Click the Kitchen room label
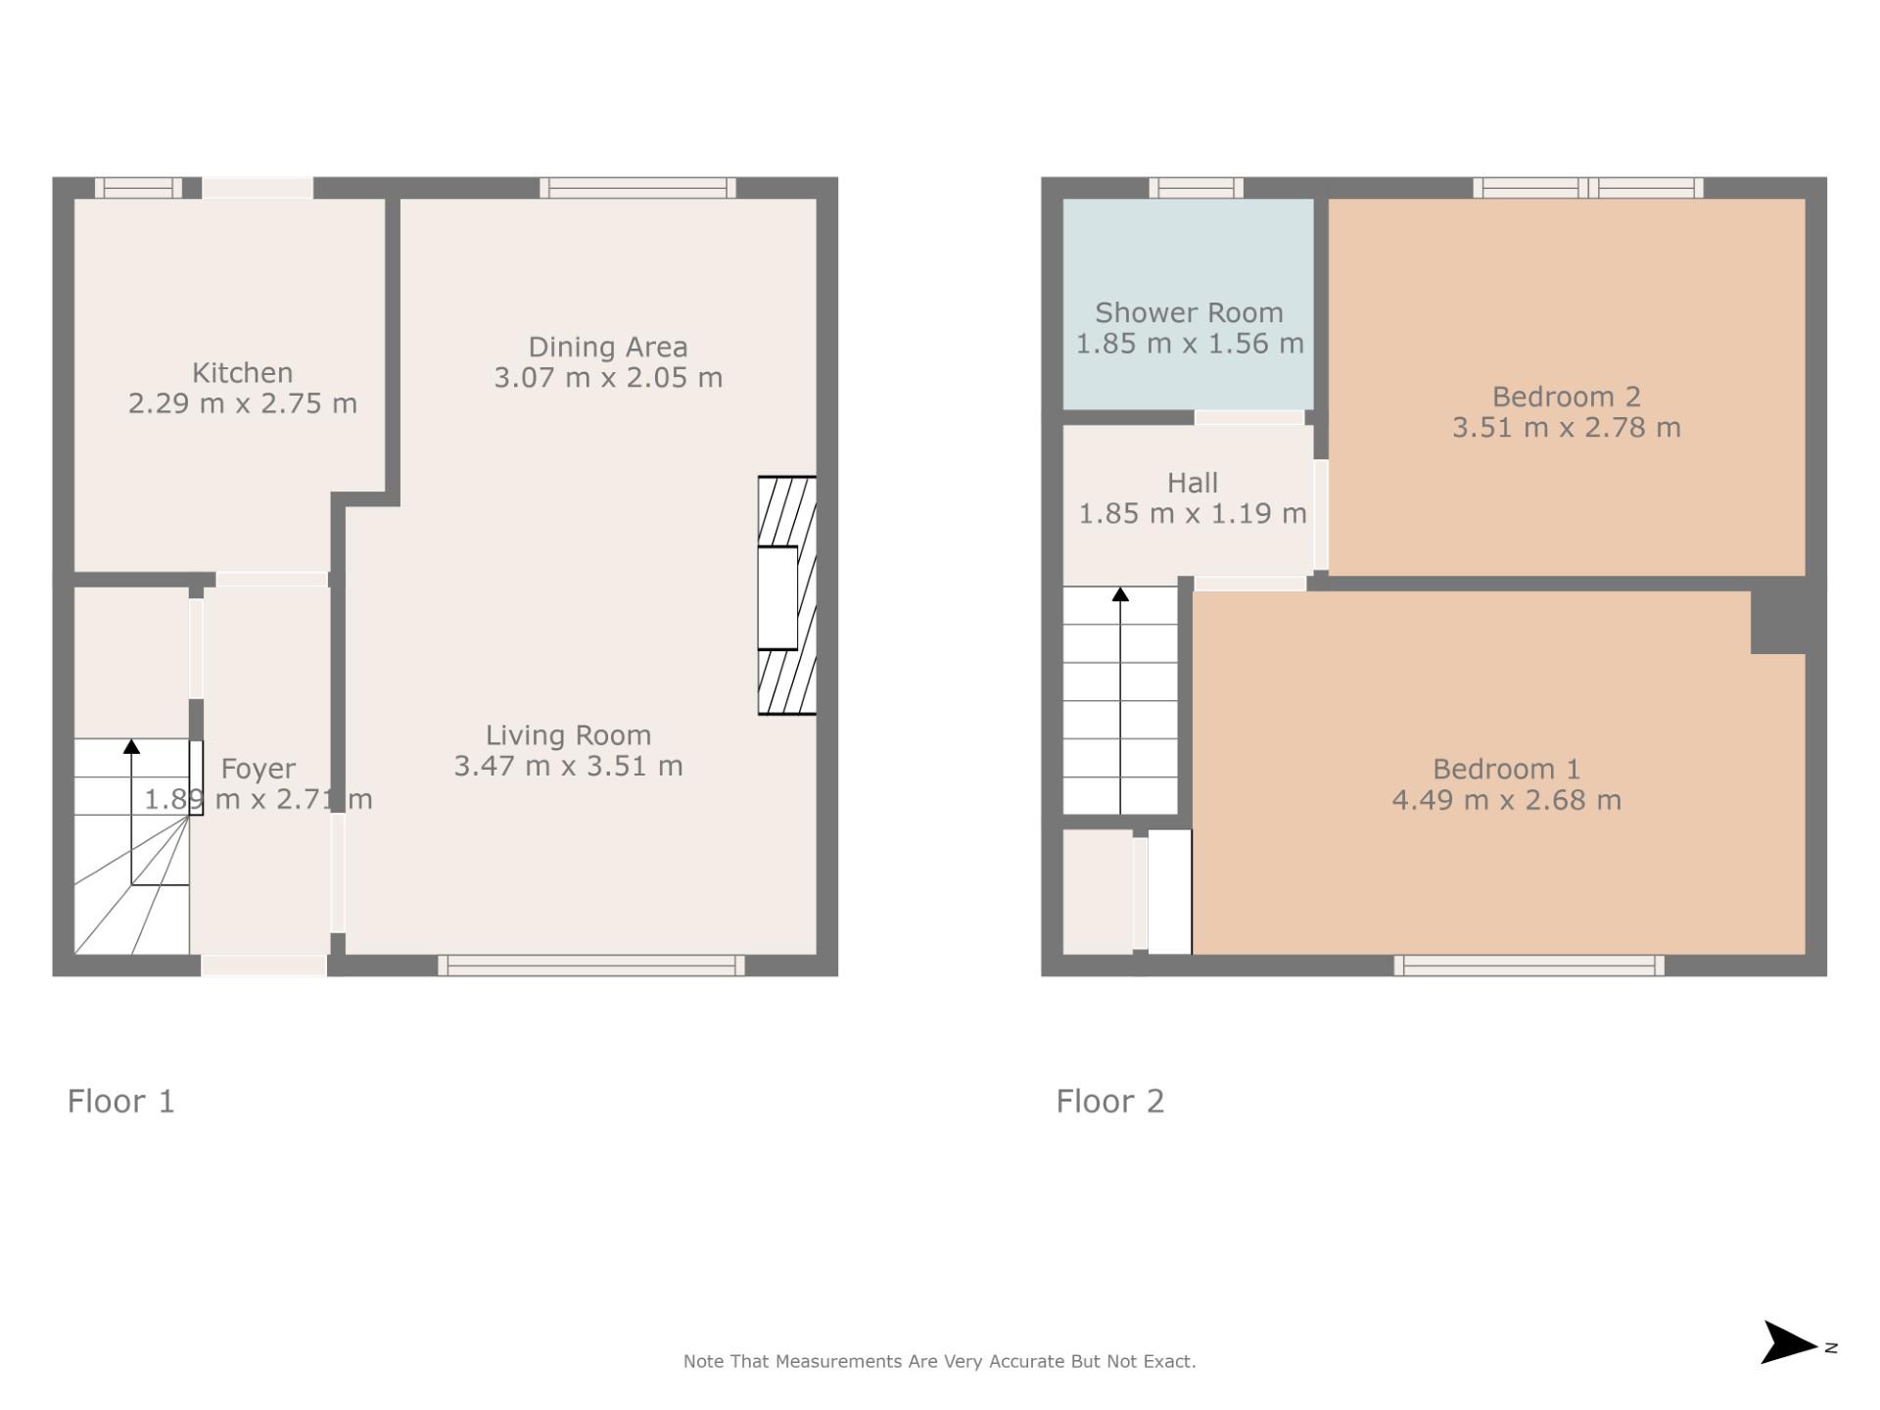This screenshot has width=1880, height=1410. pos(242,373)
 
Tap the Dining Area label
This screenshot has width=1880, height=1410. pos(608,348)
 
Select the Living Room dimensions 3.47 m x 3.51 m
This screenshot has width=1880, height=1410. pos(569,766)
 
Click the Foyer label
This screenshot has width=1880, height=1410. pos(258,770)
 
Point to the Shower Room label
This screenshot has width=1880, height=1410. pos(1189,313)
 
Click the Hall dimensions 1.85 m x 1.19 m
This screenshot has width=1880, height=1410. pos(1193,513)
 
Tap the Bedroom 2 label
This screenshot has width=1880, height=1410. pos(1567,397)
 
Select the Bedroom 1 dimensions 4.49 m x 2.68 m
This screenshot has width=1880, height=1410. pos(1507,800)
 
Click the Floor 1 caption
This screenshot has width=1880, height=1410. pos(121,1102)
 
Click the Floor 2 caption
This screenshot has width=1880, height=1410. pos(1110,1102)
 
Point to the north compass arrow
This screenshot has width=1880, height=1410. pos(1789,1342)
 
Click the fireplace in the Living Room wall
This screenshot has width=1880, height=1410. pos(787,595)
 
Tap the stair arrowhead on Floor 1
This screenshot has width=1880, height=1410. pos(131,746)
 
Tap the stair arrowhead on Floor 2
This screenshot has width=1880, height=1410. pos(1120,593)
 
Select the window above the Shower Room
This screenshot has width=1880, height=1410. pos(1197,188)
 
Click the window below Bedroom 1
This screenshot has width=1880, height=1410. pos(1529,965)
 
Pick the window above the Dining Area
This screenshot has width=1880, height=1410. pos(637,188)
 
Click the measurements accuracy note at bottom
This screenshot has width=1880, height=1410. pos(940,1361)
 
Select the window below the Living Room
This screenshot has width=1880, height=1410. pos(591,965)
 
